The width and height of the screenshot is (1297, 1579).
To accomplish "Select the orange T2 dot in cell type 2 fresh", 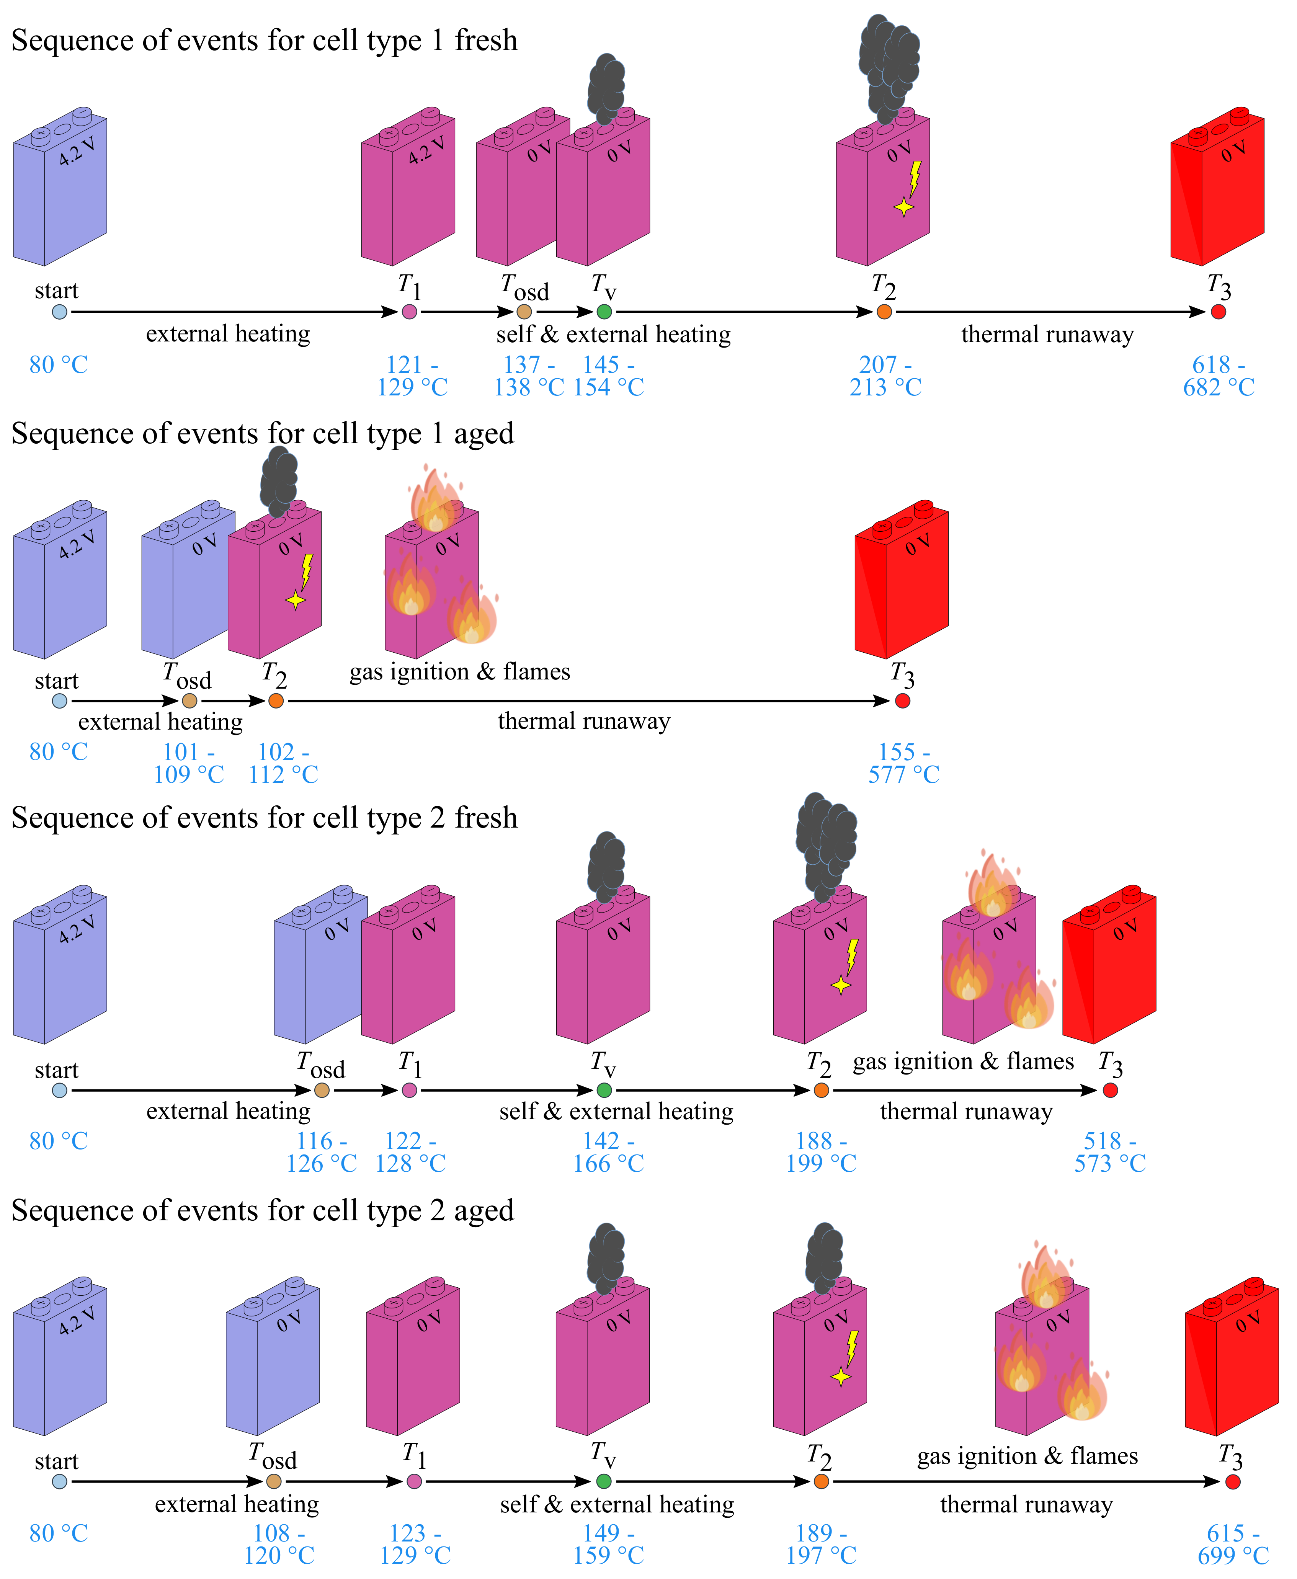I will click(x=821, y=1091).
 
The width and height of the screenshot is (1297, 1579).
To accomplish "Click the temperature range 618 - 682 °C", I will click(x=1219, y=376).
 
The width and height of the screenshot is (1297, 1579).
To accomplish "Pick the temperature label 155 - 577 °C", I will click(x=903, y=763).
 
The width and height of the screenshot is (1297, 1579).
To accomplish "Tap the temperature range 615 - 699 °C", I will click(x=1233, y=1544).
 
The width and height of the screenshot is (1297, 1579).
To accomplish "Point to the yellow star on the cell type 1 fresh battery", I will click(x=904, y=207).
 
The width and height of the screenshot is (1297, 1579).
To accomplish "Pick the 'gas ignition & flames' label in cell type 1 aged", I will click(x=459, y=671).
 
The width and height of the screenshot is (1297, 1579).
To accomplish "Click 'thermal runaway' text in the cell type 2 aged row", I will click(x=1026, y=1504).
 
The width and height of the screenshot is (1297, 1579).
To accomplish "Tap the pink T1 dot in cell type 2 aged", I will click(x=414, y=1481).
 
